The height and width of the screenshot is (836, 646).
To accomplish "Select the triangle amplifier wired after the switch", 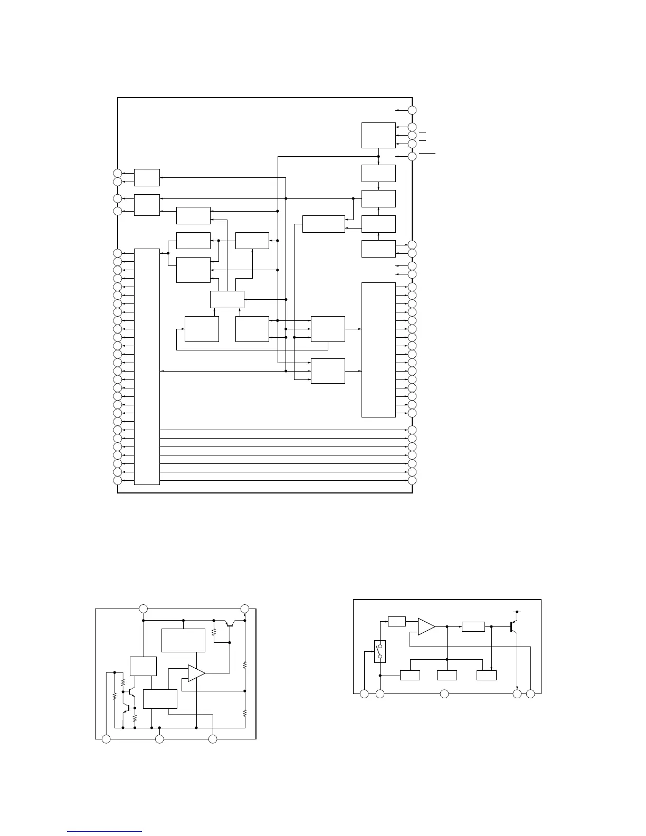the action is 426,626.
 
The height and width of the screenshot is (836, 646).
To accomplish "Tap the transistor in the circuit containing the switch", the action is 512,626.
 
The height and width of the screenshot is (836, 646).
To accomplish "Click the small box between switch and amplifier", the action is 396,621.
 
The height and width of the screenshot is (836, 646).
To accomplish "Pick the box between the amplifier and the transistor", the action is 473,626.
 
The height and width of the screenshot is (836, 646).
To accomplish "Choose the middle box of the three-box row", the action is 447,675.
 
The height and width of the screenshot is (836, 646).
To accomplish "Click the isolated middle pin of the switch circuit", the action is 444,693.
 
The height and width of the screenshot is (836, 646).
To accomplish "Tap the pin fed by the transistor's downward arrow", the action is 517,693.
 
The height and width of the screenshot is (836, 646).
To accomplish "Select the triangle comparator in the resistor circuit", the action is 196,673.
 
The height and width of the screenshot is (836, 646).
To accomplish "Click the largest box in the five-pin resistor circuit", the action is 183,640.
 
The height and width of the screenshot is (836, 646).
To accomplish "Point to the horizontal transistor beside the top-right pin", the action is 229,623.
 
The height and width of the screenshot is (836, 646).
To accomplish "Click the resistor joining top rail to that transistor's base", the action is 214,632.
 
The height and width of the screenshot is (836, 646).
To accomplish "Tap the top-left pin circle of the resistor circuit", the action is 143,609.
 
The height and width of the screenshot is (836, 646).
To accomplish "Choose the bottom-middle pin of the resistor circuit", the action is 159,739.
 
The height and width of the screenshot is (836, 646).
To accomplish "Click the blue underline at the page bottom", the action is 105,831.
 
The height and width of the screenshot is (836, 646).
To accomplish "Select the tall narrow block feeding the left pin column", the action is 147,366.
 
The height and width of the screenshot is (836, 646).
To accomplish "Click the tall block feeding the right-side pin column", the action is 378,349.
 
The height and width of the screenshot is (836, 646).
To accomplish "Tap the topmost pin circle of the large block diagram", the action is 412,110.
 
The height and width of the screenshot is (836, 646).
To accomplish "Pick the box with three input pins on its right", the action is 378,135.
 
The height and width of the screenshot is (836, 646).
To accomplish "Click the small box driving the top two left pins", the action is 147,177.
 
